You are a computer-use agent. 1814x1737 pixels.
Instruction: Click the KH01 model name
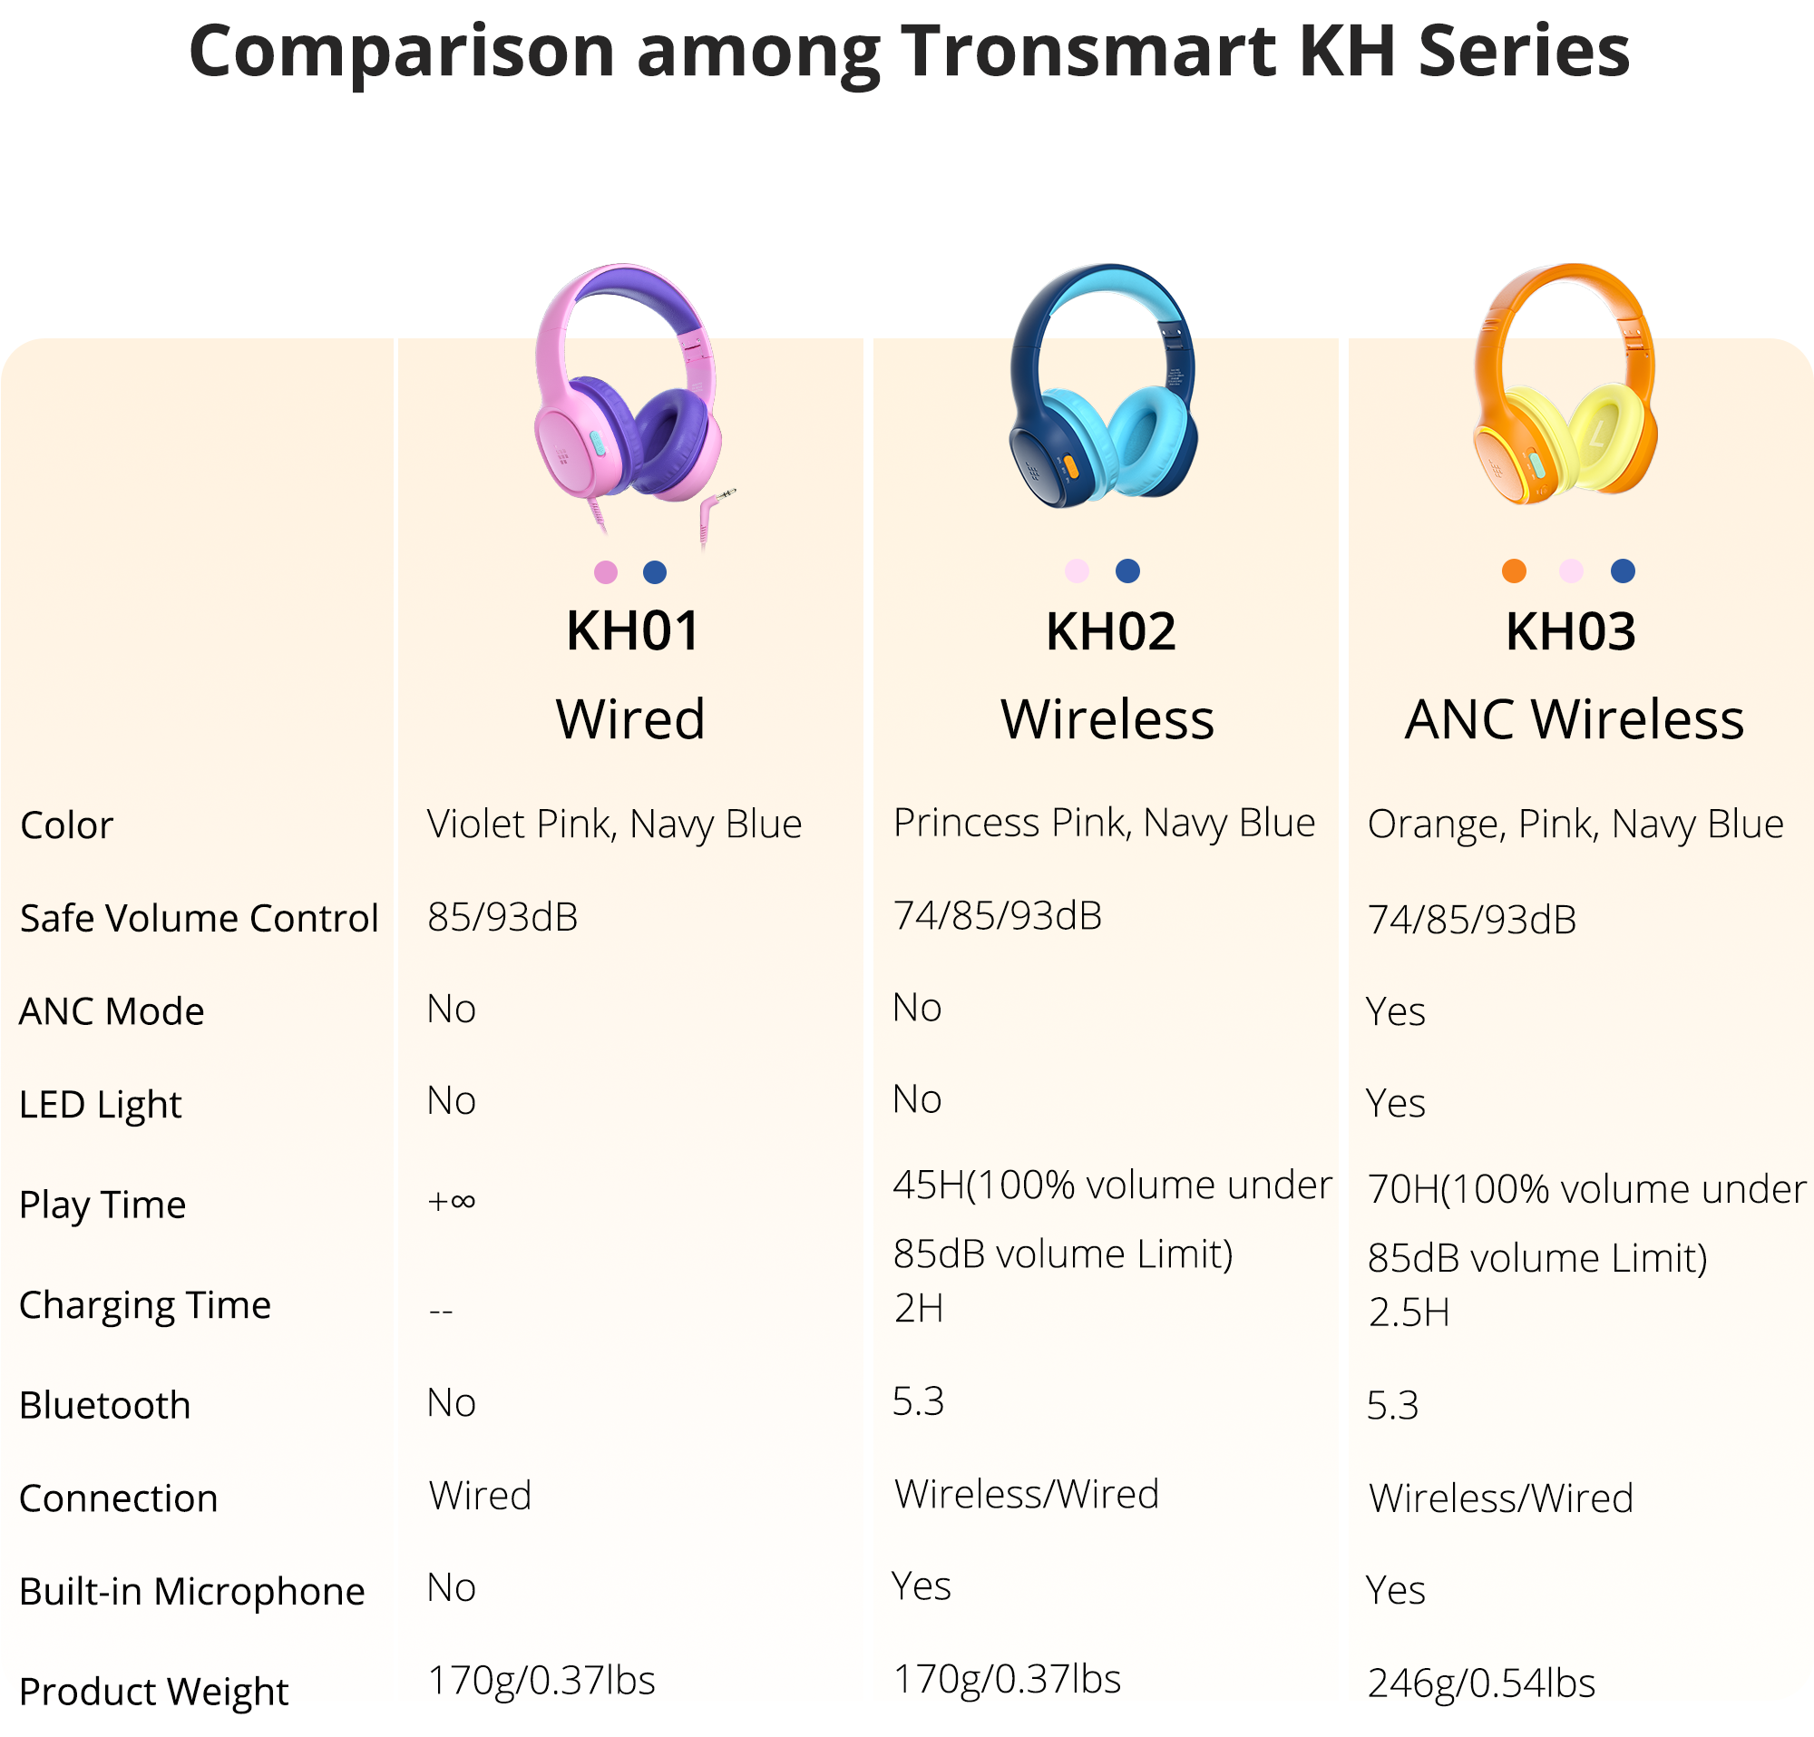click(x=632, y=632)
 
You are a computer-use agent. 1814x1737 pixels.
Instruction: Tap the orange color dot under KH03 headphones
click(x=1513, y=571)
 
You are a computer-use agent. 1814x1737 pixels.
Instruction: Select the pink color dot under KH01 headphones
click(x=605, y=572)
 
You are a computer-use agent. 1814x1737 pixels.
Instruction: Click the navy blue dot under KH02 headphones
click(x=1127, y=571)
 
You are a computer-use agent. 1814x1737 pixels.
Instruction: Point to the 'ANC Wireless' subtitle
click(x=1574, y=719)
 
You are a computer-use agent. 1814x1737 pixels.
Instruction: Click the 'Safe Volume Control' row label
click(x=199, y=918)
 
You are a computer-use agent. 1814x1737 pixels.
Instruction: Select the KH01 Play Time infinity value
click(x=452, y=1201)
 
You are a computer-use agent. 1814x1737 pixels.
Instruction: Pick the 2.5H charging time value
click(x=1409, y=1313)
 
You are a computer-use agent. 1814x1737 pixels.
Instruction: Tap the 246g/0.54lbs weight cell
click(x=1481, y=1683)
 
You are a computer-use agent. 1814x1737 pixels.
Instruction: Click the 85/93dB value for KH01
click(x=502, y=917)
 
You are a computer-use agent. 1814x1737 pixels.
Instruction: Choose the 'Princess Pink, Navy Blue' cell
click(x=1103, y=823)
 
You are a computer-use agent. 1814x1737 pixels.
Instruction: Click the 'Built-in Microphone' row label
click(x=191, y=1591)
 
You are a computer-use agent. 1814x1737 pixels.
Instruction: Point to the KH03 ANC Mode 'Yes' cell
click(x=1396, y=1011)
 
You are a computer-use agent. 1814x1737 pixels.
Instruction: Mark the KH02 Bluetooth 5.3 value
click(x=918, y=1401)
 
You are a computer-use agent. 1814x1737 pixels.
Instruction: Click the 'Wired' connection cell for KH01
click(x=481, y=1496)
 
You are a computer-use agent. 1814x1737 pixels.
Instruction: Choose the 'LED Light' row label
click(x=100, y=1104)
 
